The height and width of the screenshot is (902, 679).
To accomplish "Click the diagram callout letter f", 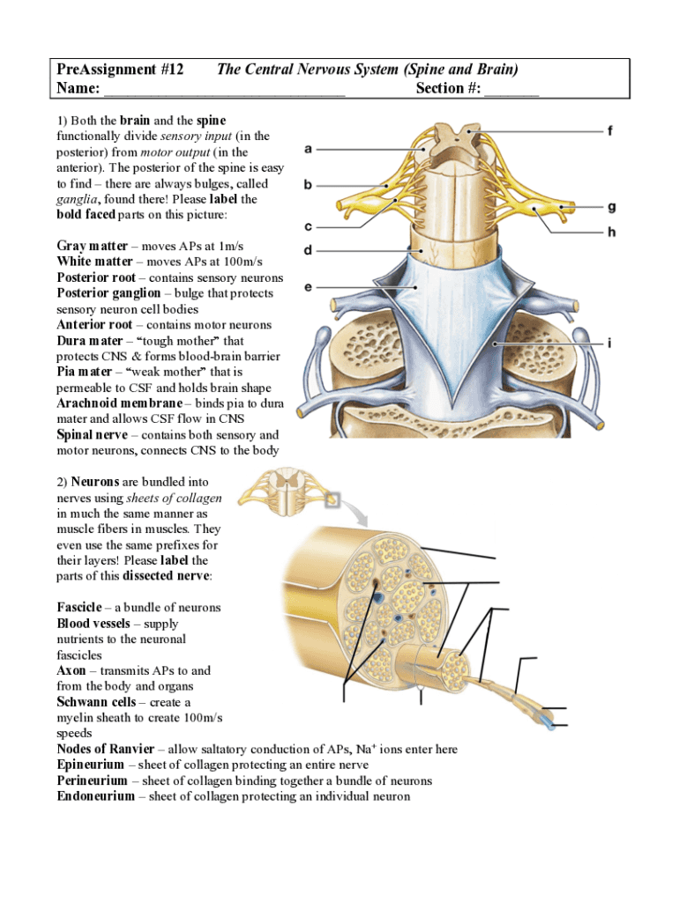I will point(610,131).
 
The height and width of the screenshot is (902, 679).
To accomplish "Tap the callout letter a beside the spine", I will point(308,149).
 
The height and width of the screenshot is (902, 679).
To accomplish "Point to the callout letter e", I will point(308,287).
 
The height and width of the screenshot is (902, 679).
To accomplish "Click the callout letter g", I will point(611,208).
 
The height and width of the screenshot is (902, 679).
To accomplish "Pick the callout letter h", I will point(611,233).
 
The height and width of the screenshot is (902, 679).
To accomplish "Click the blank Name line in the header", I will point(225,88).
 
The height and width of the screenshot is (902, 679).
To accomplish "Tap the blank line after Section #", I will point(511,88).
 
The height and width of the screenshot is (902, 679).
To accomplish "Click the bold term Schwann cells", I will point(97,702).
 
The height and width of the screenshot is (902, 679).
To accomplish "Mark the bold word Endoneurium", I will point(96,796).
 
